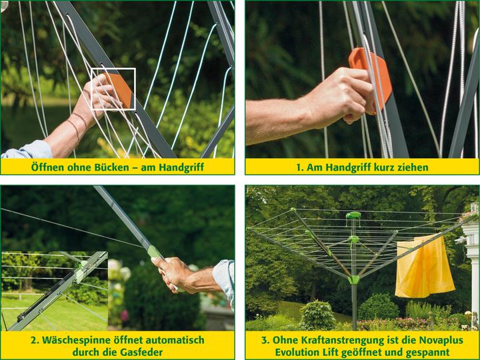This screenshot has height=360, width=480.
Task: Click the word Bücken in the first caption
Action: tap(111, 167)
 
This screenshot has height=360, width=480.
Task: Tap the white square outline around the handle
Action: tap(91, 89)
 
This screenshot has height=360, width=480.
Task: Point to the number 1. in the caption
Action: tap(300, 168)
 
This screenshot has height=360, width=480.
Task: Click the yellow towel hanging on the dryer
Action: tap(424, 267)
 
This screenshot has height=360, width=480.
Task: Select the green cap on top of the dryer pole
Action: tap(353, 215)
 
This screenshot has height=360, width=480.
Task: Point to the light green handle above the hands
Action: tap(154, 251)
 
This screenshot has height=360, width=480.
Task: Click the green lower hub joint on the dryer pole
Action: tap(353, 279)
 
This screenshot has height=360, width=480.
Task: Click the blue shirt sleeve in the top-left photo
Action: tap(27, 150)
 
